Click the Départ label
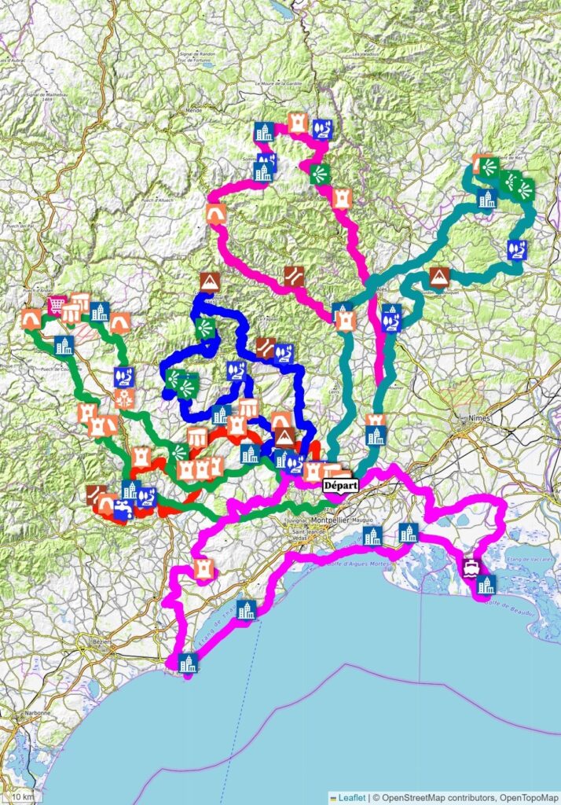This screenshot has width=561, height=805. [340, 486]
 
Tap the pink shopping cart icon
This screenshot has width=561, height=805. [56, 304]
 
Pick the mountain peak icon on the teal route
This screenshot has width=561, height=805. [439, 277]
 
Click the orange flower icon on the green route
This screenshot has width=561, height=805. [123, 398]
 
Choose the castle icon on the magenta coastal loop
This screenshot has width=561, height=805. [203, 568]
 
